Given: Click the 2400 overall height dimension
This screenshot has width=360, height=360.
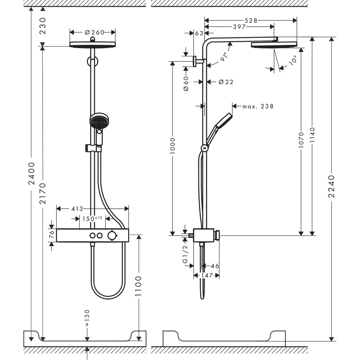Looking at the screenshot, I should (32, 173).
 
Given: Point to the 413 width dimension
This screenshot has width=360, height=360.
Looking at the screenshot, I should (77, 209).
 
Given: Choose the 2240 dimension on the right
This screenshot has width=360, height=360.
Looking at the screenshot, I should (332, 186).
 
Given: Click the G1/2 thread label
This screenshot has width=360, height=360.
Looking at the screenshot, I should (186, 254).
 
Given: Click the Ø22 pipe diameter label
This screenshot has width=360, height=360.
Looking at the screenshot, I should (226, 82).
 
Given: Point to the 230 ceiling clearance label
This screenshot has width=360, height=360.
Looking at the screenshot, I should (43, 26).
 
